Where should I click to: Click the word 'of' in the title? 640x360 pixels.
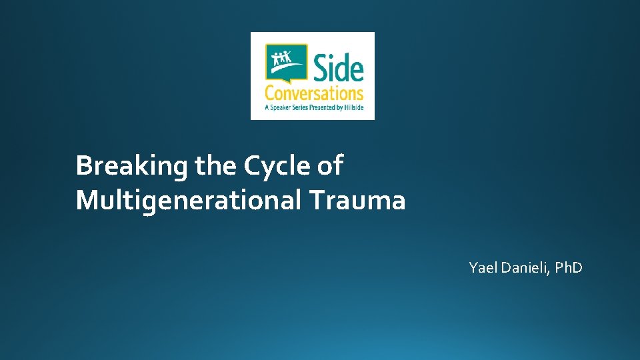point(330,165)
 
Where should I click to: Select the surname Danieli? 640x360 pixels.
point(524,268)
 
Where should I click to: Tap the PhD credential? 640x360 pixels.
point(569,268)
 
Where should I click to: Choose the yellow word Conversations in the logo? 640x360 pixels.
point(313,93)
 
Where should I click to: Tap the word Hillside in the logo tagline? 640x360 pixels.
point(352,107)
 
